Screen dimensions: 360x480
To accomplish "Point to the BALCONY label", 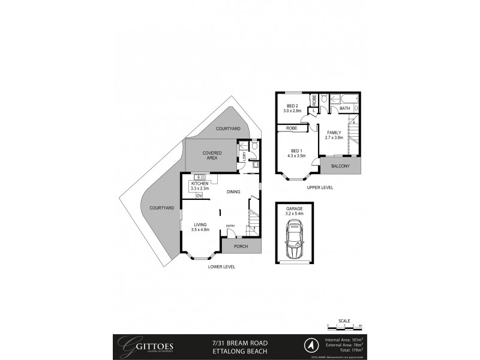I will pos(340,166).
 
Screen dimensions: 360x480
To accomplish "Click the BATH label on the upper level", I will pos(344,109).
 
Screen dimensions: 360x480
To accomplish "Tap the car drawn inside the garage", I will pos(294,238).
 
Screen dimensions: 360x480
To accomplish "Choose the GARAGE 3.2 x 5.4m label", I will pos(294,211).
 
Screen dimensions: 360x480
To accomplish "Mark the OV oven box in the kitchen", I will pos(199,196).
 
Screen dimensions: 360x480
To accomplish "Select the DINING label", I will pos(233,192).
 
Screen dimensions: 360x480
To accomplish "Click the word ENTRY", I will pos(230,226).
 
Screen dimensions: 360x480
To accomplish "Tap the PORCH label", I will pos(241,247).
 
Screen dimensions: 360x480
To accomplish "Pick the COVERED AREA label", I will pos(212,155).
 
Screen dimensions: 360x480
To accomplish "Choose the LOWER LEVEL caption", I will pos(221,266).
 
